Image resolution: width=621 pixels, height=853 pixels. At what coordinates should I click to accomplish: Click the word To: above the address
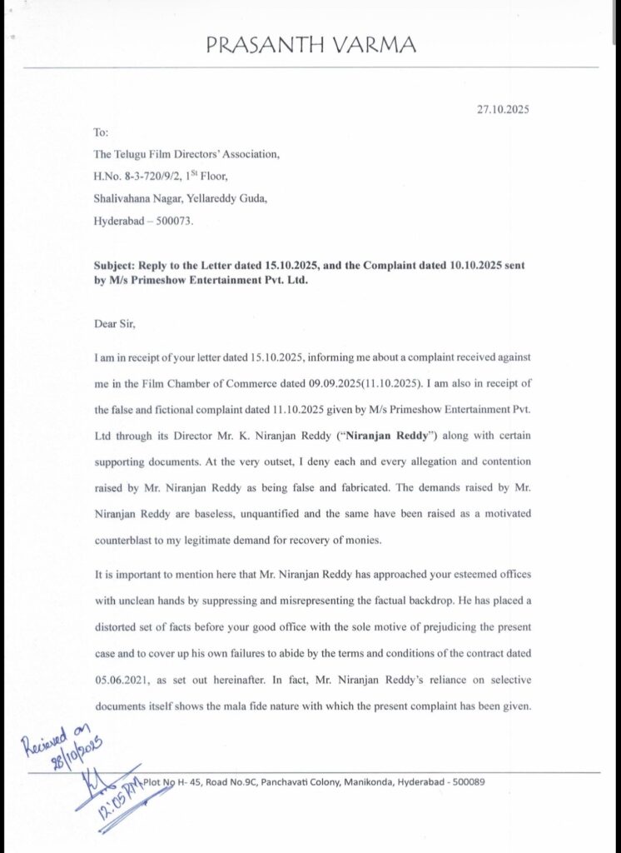pyautogui.click(x=102, y=132)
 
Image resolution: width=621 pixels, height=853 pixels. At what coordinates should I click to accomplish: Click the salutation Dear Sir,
pyautogui.click(x=117, y=324)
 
